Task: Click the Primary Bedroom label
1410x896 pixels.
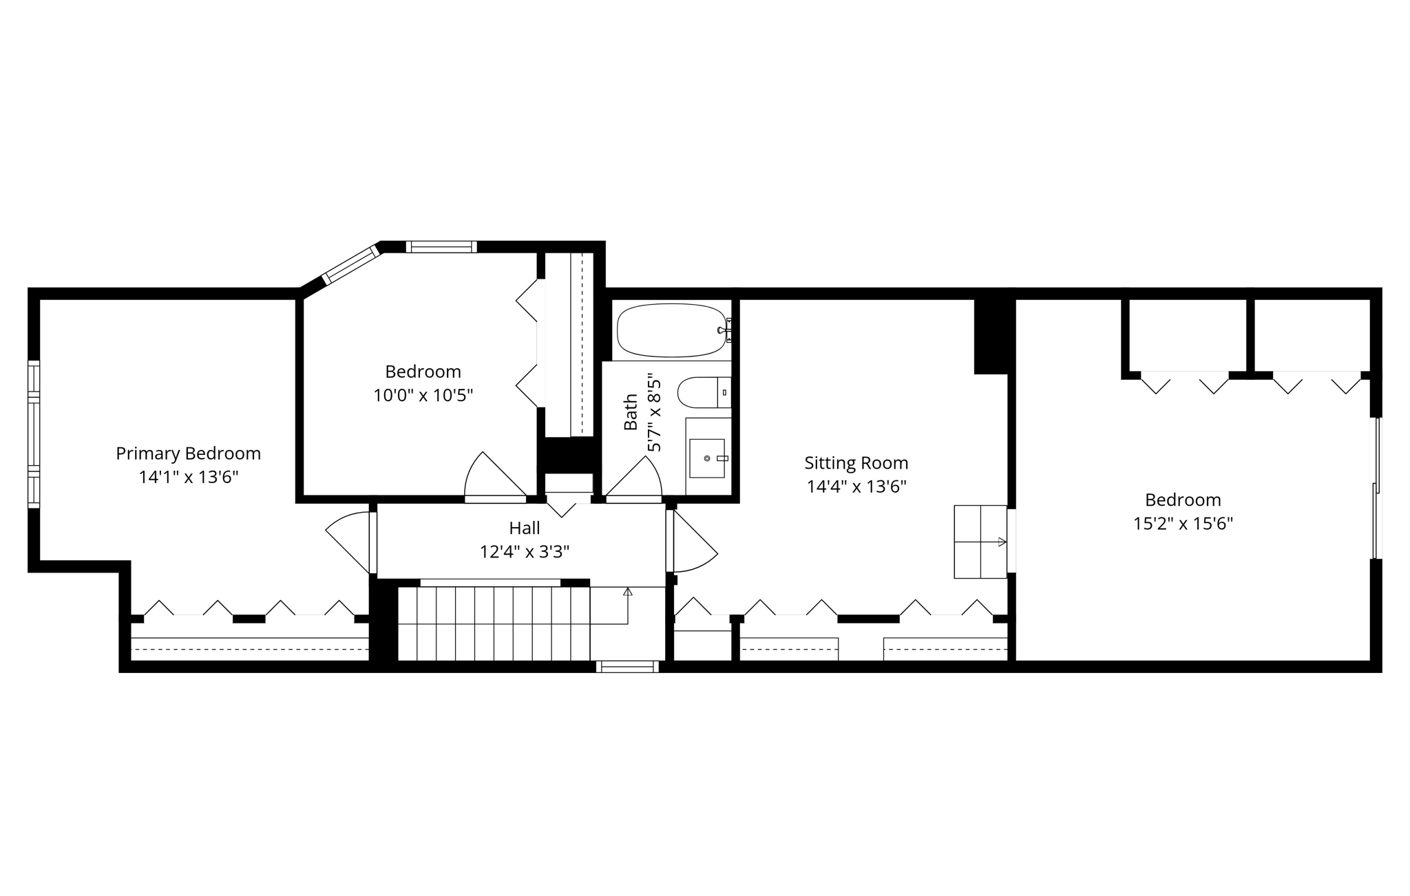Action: tap(188, 454)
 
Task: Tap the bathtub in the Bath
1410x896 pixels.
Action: tap(671, 330)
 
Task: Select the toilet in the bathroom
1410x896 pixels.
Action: tap(702, 392)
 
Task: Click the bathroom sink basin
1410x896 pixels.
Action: tap(707, 458)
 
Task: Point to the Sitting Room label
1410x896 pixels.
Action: tap(856, 462)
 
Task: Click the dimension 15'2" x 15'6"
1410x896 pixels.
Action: tap(1183, 524)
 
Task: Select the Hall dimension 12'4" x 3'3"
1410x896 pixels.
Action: tap(525, 552)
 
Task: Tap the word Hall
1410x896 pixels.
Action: tap(525, 528)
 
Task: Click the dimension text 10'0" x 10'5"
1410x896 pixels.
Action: tap(423, 396)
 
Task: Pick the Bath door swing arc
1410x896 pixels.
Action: tap(644, 475)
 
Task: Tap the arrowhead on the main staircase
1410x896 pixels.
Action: tap(628, 591)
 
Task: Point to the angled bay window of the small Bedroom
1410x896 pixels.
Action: tap(351, 264)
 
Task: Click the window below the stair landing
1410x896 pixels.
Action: tap(627, 666)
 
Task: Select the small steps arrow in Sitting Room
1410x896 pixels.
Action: tap(1001, 542)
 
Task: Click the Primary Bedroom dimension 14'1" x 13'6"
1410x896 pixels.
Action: tap(188, 477)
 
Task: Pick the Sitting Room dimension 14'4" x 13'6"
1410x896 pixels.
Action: tap(856, 487)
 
